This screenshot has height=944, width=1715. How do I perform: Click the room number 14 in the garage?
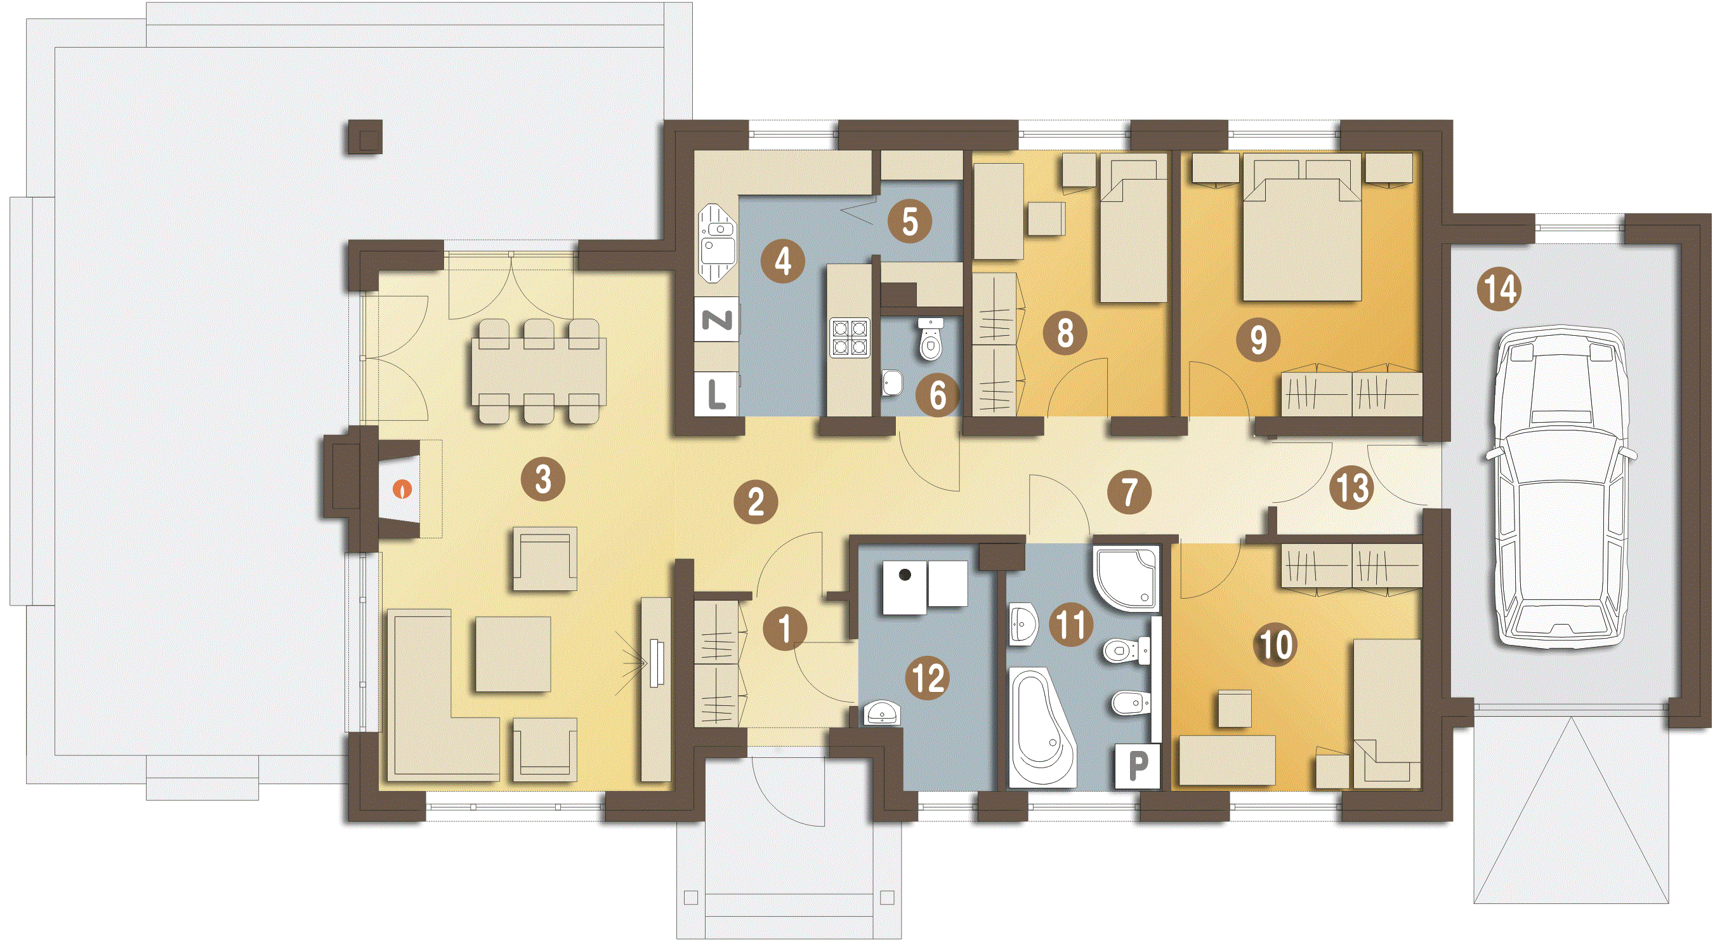pos(1499,289)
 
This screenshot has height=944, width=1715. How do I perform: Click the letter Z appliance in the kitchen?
pos(717,321)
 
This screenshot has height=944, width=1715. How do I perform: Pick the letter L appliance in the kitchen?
pos(716,394)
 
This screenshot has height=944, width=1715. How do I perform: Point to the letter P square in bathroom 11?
pos(1138,766)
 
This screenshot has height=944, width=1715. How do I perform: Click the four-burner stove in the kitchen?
pos(850,338)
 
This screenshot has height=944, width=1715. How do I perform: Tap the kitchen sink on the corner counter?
pos(717,243)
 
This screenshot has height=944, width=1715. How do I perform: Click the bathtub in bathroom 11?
pos(1042,728)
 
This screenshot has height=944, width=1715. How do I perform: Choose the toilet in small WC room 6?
pos(931,339)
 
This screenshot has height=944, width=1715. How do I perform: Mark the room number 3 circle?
pos(543,479)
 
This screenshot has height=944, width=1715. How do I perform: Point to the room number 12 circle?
pos(928,679)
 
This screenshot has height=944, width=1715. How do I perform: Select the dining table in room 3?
pos(539,372)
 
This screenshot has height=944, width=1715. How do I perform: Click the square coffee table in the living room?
pos(513,653)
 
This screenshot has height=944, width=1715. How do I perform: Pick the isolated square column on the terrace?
pos(364,137)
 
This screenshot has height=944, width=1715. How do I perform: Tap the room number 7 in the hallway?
pos(1129,493)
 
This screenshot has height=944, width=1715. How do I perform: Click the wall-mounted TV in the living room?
pos(657,663)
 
